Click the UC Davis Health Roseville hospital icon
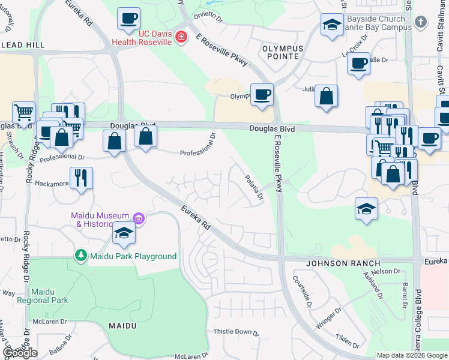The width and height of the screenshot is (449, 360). pos(181,38)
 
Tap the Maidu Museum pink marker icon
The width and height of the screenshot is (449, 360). pos(139,219)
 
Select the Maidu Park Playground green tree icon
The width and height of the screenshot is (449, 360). pos(80,256)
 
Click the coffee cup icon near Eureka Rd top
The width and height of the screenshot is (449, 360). pos(128,19)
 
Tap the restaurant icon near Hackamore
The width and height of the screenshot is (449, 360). pos(81,178)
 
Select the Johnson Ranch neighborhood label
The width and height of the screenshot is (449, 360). pos(343,263)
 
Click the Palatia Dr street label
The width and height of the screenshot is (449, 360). pos(254,187)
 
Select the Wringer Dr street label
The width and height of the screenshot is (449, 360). pos(329,316)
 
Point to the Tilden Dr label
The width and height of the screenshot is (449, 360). pos(348,340)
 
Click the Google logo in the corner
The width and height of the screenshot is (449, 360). pos(20,353)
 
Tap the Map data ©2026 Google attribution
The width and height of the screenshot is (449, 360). pos(411,355)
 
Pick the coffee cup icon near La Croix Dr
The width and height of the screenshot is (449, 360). pos(359,63)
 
